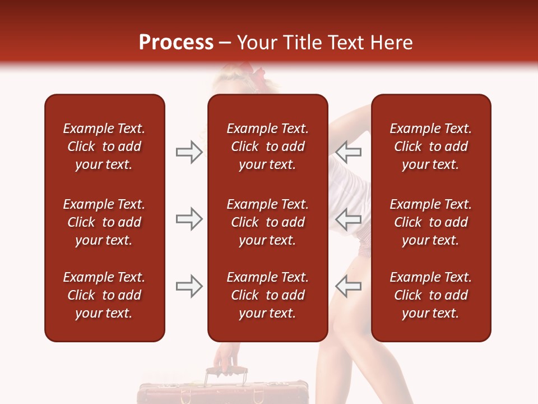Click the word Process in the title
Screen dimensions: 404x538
176,43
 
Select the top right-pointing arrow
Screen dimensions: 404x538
189,152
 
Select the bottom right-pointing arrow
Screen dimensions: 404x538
189,286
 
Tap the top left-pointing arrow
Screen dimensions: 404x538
348,152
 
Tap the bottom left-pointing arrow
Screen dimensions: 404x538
348,286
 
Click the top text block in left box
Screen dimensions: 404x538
104,146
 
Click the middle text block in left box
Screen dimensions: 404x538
104,222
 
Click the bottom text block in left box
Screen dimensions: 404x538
104,295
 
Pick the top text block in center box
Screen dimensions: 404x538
267,146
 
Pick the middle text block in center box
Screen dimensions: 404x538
267,222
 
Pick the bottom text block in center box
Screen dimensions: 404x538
267,295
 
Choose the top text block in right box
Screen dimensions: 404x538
430,146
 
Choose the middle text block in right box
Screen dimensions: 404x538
430,222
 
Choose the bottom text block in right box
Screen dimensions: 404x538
430,295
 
